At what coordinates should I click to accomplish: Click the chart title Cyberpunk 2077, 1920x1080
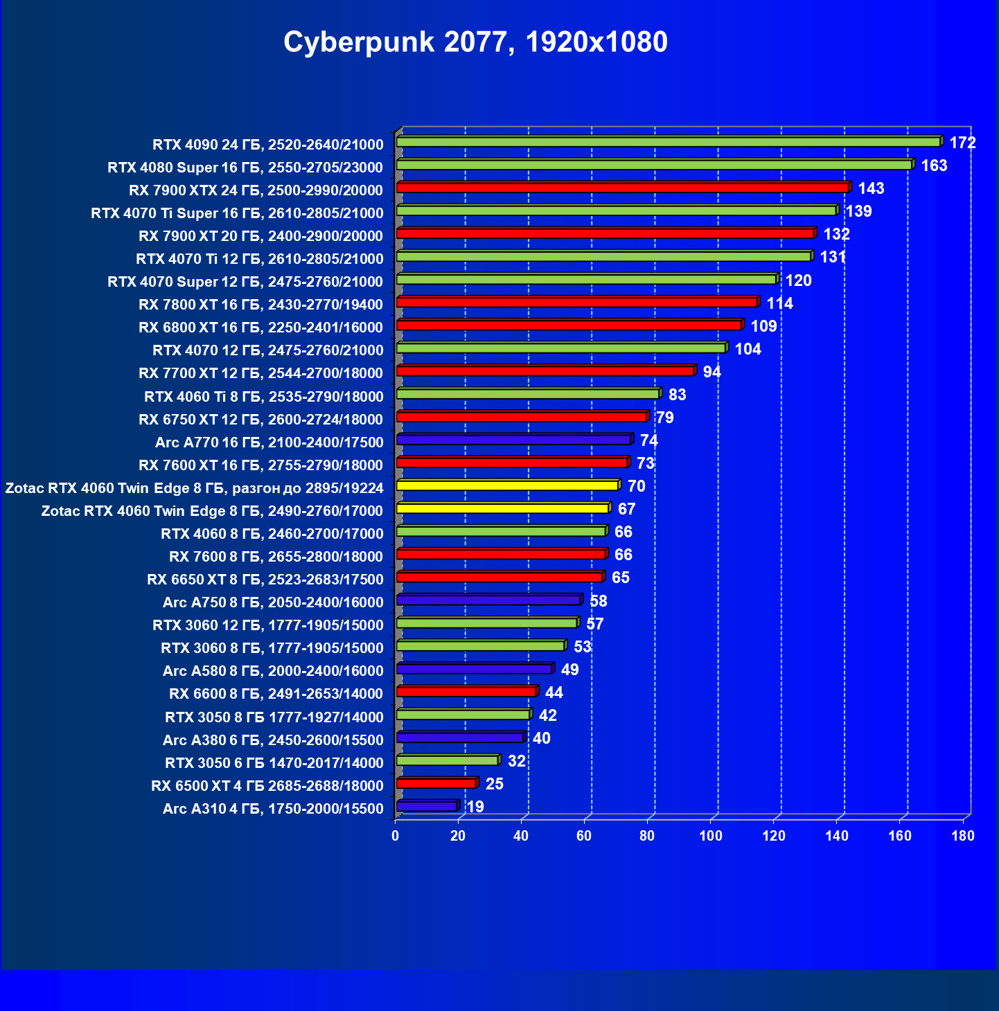[x=475, y=42]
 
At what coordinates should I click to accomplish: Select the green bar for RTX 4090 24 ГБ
[x=668, y=142]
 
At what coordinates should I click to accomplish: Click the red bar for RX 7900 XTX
[x=622, y=188]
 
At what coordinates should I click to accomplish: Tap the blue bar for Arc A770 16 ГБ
[x=513, y=440]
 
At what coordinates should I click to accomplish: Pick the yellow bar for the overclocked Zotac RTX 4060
[x=507, y=485]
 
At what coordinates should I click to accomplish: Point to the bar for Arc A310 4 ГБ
[x=427, y=806]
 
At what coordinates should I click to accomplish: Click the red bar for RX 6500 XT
[x=436, y=783]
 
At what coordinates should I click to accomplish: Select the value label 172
[x=962, y=143]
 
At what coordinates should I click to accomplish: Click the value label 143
[x=871, y=188]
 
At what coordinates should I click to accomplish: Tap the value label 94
[x=711, y=372]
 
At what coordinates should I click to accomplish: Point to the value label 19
[x=475, y=807]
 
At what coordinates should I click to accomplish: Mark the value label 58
[x=598, y=601]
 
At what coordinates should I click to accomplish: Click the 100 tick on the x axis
[x=711, y=836]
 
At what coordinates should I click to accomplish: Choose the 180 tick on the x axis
[x=963, y=836]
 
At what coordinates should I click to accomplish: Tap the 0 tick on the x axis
[x=395, y=836]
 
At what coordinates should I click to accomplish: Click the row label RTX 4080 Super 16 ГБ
[x=245, y=168]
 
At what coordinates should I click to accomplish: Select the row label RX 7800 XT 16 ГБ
[x=260, y=305]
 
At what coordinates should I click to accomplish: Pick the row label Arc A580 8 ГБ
[x=273, y=671]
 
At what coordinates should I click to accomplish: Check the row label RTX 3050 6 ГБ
[x=274, y=763]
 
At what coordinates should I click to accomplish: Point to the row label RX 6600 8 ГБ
[x=276, y=694]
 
